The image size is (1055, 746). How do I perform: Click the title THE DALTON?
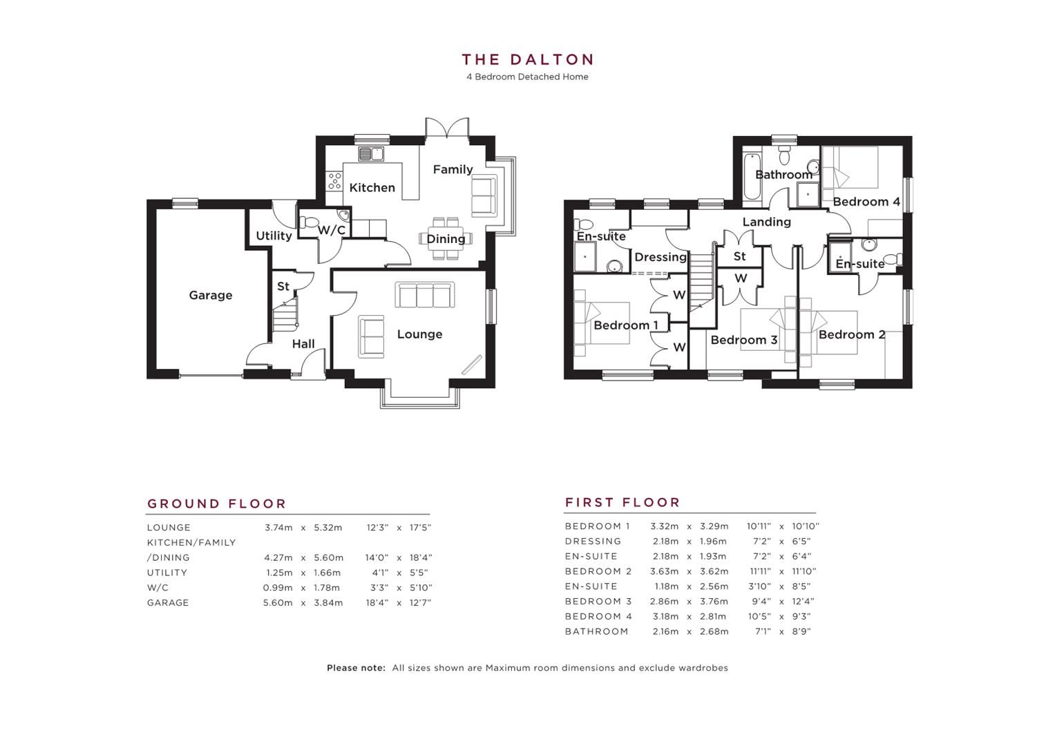tap(527, 60)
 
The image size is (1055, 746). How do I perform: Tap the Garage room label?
tap(210, 295)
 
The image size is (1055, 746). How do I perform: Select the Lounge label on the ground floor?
tap(419, 334)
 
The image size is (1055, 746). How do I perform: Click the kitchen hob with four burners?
tap(334, 181)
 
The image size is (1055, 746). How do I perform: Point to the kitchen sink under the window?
tap(371, 154)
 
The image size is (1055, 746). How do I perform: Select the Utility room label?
tap(274, 236)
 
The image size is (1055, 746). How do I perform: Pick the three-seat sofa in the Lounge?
tap(425, 294)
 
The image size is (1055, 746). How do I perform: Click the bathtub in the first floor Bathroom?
tap(750, 177)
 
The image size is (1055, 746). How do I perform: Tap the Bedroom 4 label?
tap(866, 202)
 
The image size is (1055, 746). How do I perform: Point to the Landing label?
tap(766, 222)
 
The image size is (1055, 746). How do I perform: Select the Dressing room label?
tap(660, 257)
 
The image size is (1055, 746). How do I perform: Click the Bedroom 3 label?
tap(743, 340)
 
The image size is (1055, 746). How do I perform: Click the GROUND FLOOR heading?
tap(216, 504)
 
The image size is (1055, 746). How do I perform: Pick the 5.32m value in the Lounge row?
tap(327, 528)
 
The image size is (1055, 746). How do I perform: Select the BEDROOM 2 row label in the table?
tap(598, 571)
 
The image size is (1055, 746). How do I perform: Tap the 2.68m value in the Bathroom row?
tap(714, 631)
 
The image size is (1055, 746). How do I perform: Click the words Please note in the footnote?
tap(356, 668)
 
